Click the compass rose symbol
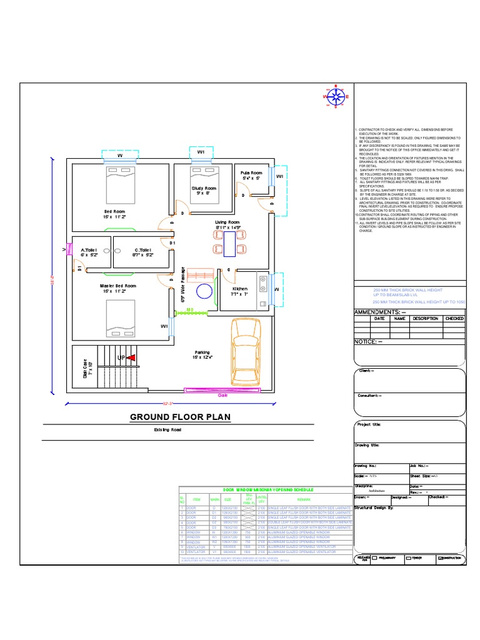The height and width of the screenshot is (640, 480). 337,97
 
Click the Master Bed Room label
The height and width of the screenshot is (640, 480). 118,286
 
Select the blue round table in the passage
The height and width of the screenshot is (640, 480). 204,292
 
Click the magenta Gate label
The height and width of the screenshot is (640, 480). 222,396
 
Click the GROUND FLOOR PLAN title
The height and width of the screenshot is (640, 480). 167,417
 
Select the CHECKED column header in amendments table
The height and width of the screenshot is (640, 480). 454,318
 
